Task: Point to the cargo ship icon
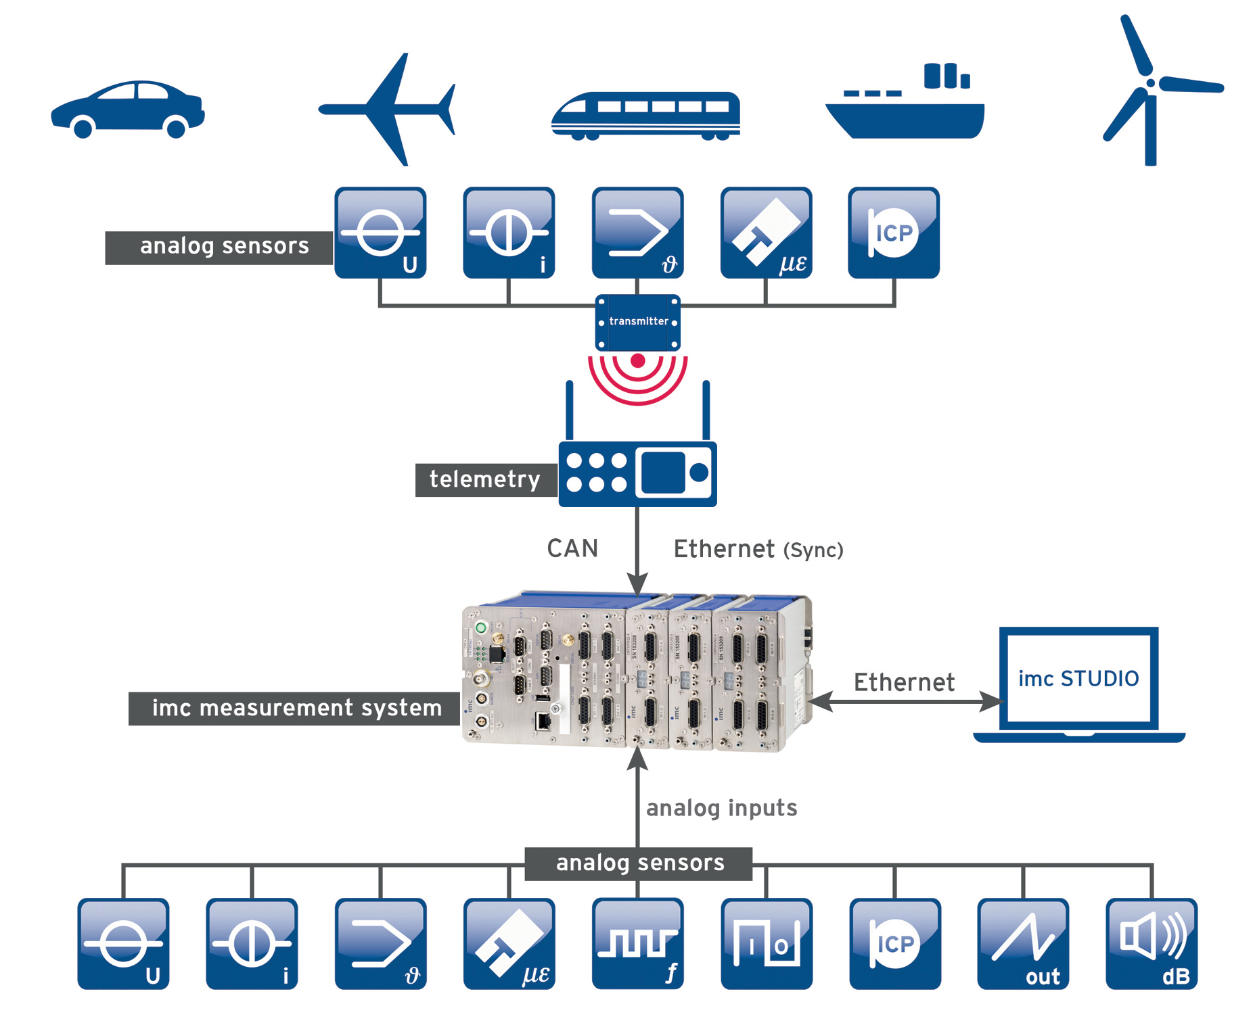pos(905,108)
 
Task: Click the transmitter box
pos(637,322)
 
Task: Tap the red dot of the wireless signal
pos(637,360)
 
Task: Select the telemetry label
pos(485,479)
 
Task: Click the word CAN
pos(572,548)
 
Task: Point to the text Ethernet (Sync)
pos(758,549)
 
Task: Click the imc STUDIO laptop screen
pos(1078,678)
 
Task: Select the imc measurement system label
pos(296,708)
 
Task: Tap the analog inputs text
pos(721,808)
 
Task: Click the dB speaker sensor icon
pos(1151,943)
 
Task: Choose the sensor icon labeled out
pos(1022,943)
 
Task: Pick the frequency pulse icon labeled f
pos(637,943)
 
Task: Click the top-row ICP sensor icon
pos(893,233)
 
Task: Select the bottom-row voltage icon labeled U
pos(123,943)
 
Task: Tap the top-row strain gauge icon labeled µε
pos(766,233)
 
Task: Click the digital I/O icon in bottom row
pos(766,943)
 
